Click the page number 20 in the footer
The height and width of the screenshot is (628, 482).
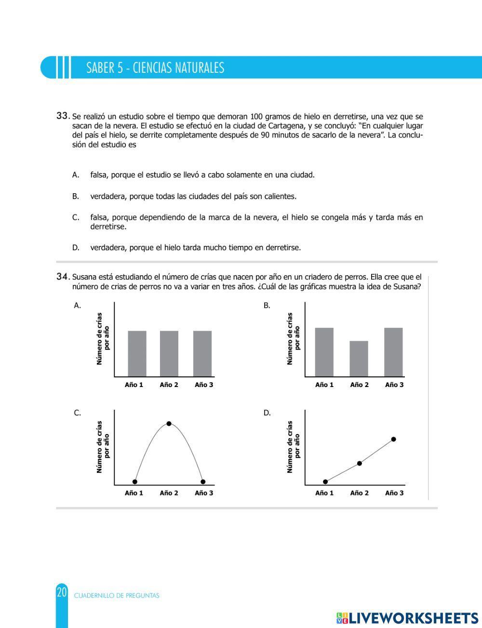click(x=62, y=592)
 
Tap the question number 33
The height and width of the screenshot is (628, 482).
click(x=63, y=116)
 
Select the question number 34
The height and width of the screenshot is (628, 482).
click(x=63, y=277)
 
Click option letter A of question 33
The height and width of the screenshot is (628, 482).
click(x=76, y=175)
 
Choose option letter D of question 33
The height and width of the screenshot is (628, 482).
click(x=76, y=248)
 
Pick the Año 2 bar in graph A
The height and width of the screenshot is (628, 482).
click(x=169, y=353)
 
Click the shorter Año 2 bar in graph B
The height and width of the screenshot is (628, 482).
click(x=359, y=359)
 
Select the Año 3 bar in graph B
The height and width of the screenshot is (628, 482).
click(x=393, y=352)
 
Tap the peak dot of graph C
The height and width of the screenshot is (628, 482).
click(x=169, y=424)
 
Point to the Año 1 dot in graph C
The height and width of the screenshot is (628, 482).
click(x=135, y=481)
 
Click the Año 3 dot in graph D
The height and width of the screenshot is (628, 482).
click(x=393, y=439)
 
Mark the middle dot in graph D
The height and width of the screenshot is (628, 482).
click(x=359, y=463)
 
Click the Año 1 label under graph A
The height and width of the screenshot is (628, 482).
click(x=134, y=385)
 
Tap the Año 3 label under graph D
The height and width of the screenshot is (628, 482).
click(x=394, y=493)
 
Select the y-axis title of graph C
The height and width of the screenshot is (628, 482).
click(x=103, y=446)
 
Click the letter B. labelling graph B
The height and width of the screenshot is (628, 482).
click(x=267, y=306)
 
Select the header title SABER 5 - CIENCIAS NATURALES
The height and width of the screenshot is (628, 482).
click(x=155, y=67)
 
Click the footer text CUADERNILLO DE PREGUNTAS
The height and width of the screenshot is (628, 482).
click(x=117, y=595)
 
